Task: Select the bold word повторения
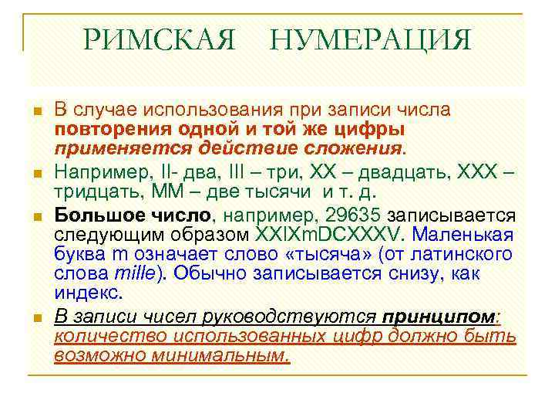[108, 127]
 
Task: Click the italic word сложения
[350, 146]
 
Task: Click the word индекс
[87, 294]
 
